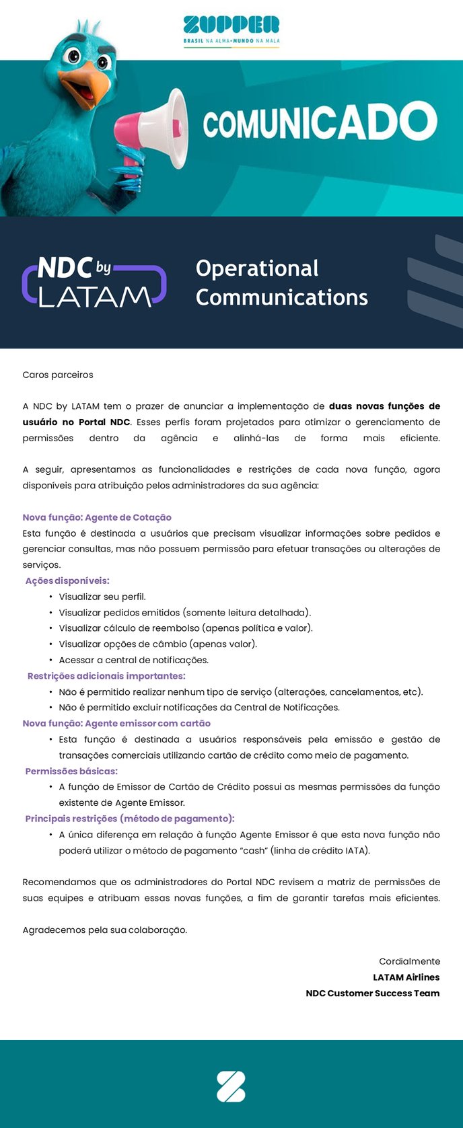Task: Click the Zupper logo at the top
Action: (x=231, y=30)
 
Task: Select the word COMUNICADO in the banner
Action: (x=320, y=123)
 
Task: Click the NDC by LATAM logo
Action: (x=94, y=283)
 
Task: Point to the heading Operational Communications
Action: (x=281, y=283)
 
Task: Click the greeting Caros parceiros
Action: (x=58, y=375)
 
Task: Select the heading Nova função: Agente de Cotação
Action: (x=97, y=517)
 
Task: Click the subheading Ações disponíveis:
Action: (x=67, y=580)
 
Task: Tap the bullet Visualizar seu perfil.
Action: (x=102, y=597)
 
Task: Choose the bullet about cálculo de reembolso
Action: (x=186, y=628)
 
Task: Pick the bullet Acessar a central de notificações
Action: (x=133, y=660)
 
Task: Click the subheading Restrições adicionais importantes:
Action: (x=106, y=676)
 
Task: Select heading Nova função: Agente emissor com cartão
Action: (x=116, y=723)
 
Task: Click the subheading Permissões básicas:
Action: (x=71, y=771)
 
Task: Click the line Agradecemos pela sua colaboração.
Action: (x=105, y=930)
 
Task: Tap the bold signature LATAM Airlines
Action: (x=406, y=977)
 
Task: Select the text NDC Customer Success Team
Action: (x=373, y=993)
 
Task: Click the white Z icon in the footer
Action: (x=231, y=1087)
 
